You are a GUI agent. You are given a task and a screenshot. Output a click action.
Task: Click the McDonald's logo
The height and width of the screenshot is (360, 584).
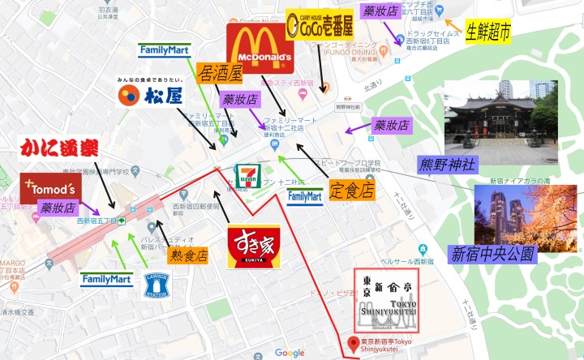[x=260, y=48]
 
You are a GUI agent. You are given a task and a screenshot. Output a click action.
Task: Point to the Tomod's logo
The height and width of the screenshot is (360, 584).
[x=51, y=188]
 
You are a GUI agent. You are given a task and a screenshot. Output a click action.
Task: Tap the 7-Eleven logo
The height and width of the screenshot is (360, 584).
[x=247, y=178]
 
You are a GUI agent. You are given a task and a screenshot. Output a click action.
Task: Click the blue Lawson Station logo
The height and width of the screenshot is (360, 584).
[x=158, y=285]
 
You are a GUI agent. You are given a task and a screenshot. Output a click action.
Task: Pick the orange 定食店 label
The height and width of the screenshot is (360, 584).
[x=352, y=191]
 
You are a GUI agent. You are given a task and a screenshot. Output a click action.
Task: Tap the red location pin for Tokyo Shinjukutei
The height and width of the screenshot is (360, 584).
[x=352, y=343]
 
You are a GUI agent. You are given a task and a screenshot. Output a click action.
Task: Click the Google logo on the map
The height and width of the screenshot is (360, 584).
[x=290, y=352]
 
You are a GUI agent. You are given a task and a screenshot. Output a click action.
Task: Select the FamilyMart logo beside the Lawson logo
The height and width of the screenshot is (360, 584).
[x=106, y=279]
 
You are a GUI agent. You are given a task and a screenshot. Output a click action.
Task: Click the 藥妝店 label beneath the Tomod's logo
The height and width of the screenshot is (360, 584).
[x=58, y=208]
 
